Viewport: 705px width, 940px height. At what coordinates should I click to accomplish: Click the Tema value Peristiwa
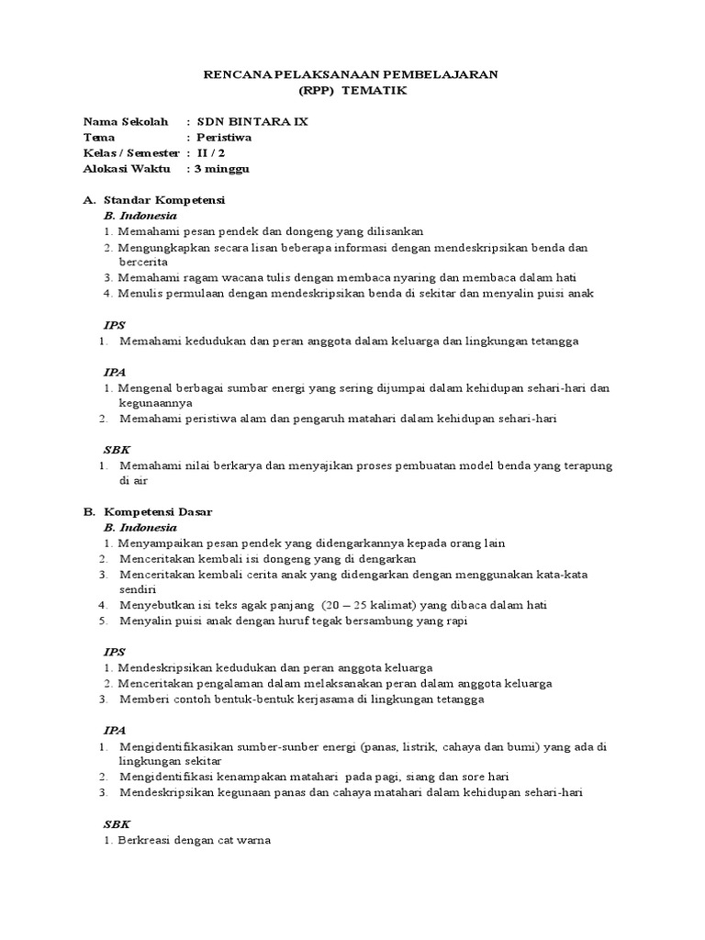225,137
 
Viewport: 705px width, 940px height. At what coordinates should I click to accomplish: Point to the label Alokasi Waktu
124,169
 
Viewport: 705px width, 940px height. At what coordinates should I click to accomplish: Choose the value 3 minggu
221,169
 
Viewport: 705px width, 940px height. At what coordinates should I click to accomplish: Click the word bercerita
143,262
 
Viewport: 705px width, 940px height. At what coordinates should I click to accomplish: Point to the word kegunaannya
155,402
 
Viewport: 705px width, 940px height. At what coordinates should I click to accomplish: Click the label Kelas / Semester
130,152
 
